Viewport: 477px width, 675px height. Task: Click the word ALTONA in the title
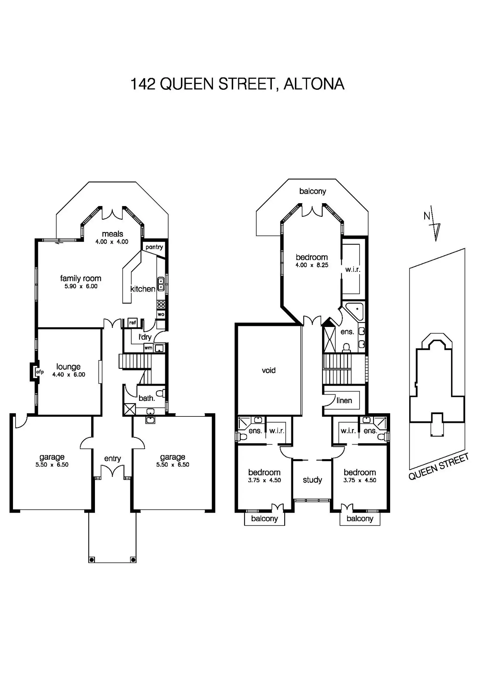point(314,84)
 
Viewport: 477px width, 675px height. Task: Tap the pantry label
point(154,247)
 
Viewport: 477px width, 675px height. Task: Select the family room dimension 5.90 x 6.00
point(81,286)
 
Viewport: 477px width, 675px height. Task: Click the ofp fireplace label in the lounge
point(40,372)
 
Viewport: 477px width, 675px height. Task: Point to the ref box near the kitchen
point(133,322)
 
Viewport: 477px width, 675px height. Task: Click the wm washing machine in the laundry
point(148,348)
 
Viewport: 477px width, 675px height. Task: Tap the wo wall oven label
point(161,314)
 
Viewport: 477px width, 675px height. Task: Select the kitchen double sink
point(161,284)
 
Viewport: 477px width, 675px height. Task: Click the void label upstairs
point(269,370)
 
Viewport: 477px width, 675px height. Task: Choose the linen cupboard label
point(344,401)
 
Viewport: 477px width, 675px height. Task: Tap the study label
point(312,480)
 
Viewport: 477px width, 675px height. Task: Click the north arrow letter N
point(427,216)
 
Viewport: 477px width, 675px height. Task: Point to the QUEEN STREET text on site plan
point(438,467)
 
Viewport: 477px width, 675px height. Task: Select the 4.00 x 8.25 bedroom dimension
point(312,265)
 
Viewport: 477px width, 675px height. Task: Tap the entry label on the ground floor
point(112,459)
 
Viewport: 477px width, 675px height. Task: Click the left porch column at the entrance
point(92,560)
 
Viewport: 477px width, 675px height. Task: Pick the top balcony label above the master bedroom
point(312,191)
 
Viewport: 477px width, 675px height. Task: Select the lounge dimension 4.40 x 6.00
point(69,375)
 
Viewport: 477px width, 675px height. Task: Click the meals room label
point(112,234)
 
